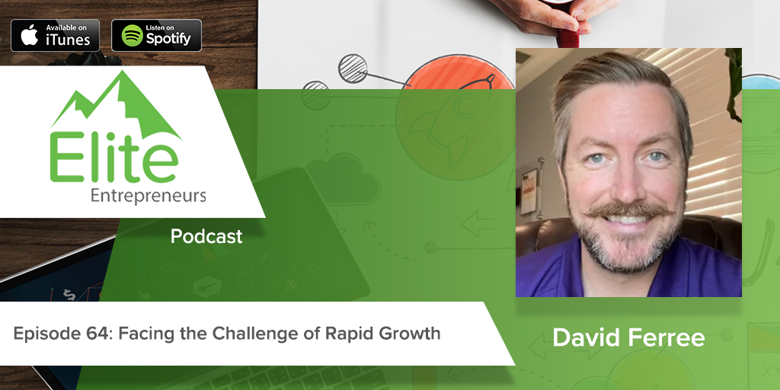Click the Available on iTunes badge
pos(55,35)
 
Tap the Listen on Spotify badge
pos(156,35)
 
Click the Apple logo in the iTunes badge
pos(28,35)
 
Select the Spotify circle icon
pos(133,35)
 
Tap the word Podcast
pos(206,237)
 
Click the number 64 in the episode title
pos(87,334)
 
